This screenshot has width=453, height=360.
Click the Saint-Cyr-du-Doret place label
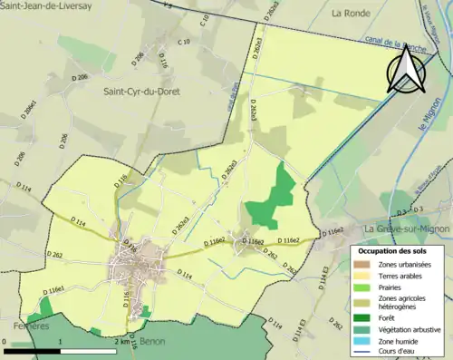click(x=144, y=92)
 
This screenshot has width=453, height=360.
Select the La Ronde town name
click(x=352, y=14)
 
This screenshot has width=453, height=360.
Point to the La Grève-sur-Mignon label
click(x=407, y=228)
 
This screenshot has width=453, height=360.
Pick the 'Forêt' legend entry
click(x=397, y=317)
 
